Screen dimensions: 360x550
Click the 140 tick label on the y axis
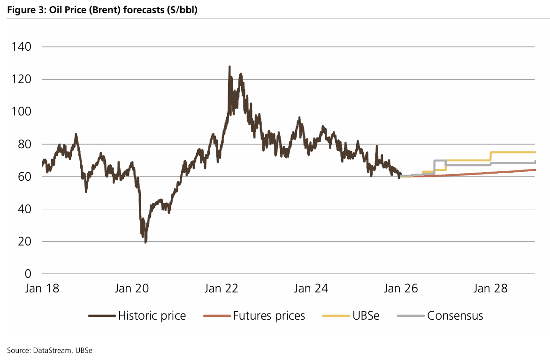22,47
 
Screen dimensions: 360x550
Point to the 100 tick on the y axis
22,112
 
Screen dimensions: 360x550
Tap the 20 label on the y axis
25,241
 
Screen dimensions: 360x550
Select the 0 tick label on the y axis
28,274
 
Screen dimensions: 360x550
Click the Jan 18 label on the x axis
43,288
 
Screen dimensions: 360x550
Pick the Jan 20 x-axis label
132,288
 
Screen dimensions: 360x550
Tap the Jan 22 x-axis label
222,288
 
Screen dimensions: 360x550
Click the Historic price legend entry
152,316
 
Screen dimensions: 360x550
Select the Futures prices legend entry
269,316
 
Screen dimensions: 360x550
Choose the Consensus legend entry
455,316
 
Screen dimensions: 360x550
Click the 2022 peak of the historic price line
229,67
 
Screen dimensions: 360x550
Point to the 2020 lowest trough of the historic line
146,242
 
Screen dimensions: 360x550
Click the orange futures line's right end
535,170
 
